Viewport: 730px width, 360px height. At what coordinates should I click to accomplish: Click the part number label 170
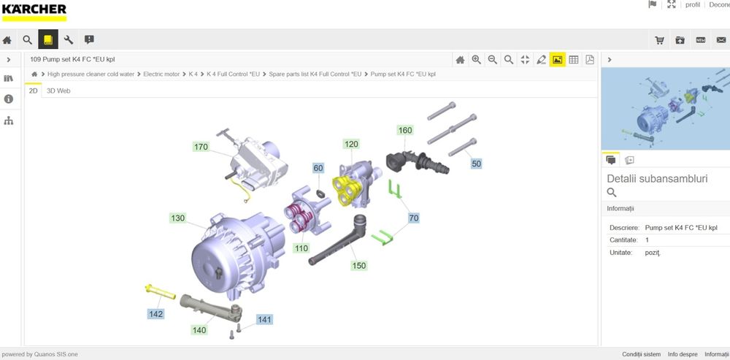(201, 148)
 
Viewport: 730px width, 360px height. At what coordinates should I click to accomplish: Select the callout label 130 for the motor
(178, 218)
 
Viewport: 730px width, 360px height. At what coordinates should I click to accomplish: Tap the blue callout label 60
(318, 168)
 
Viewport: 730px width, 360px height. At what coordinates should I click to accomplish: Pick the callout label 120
(352, 145)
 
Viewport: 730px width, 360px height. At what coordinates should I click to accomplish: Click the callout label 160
(405, 131)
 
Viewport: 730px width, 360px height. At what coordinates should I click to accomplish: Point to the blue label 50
(476, 164)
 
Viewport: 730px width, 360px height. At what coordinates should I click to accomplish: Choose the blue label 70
(413, 218)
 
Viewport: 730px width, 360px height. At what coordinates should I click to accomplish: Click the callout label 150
(359, 266)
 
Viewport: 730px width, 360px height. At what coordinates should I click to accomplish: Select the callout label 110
(301, 248)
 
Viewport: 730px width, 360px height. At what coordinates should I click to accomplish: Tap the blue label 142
(156, 314)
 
